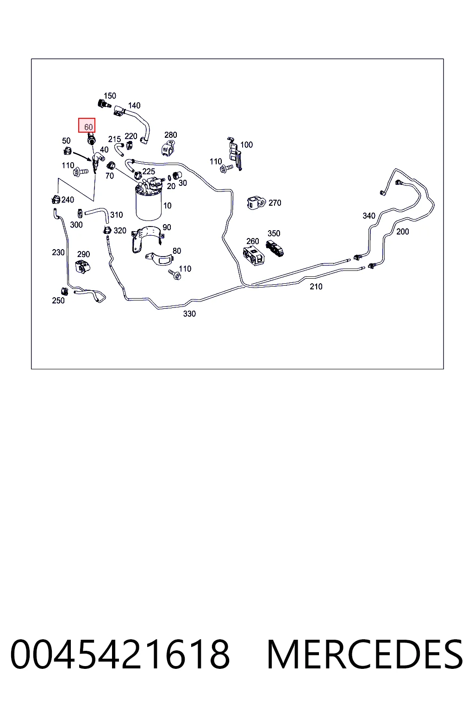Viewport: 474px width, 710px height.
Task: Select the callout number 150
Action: click(x=110, y=96)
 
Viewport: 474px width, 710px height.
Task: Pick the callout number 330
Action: click(x=189, y=314)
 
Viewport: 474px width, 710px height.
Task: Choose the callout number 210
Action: click(x=316, y=287)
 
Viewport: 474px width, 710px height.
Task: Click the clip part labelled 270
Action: click(x=256, y=203)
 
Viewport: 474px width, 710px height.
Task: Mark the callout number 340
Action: click(x=369, y=216)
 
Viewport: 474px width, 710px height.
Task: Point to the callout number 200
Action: click(x=403, y=232)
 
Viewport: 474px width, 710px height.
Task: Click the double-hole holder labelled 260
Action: click(x=254, y=256)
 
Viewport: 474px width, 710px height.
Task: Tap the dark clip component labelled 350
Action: click(x=274, y=248)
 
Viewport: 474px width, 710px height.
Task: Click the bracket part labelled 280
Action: click(x=168, y=148)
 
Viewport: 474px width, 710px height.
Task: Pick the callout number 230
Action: click(x=58, y=253)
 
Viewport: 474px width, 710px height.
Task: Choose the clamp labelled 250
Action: click(x=64, y=291)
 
